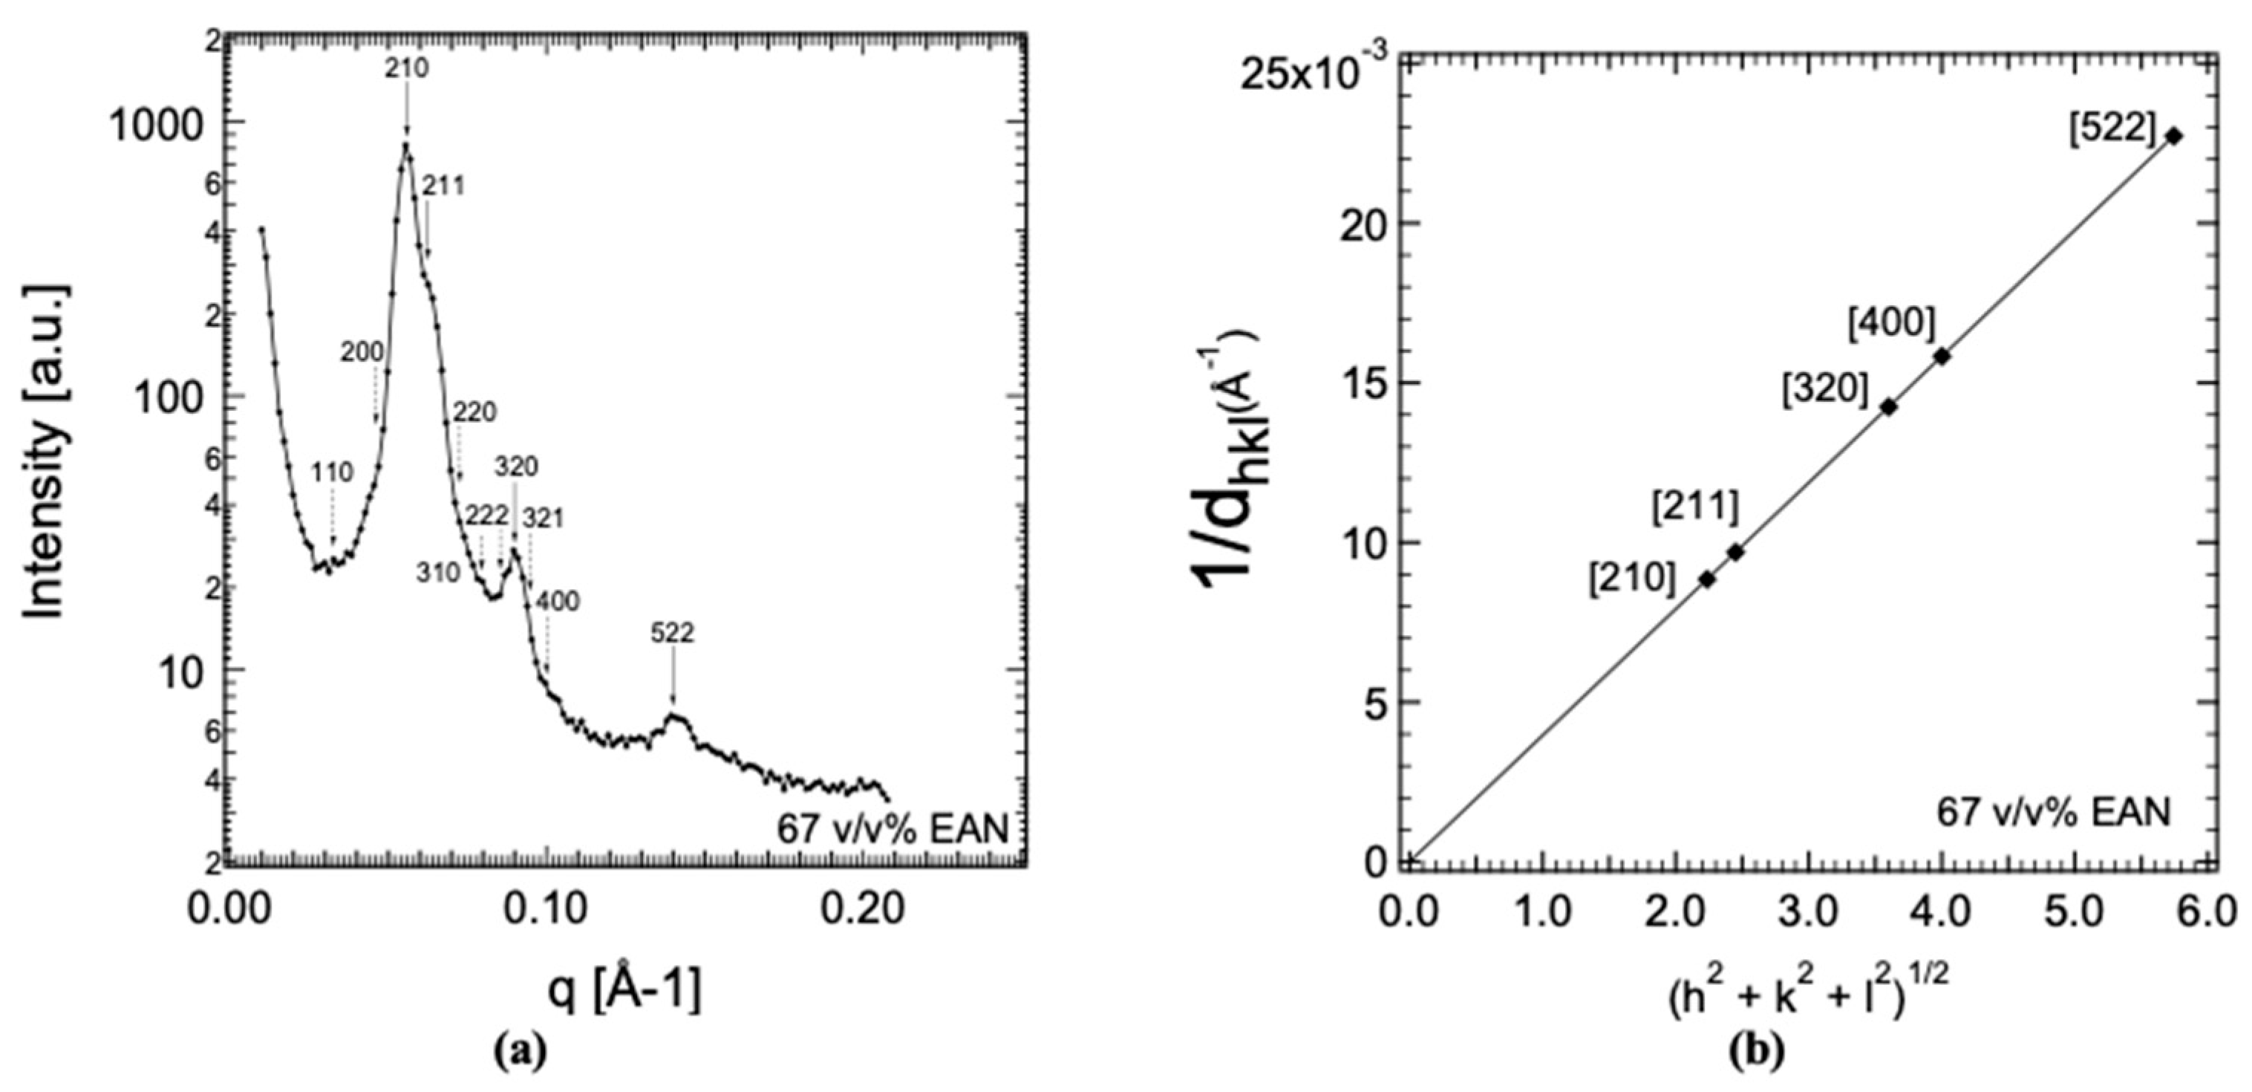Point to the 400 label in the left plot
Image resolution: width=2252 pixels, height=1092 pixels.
tap(557, 601)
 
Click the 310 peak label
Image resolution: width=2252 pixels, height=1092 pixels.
tap(437, 573)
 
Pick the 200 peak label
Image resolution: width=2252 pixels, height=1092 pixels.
tap(362, 352)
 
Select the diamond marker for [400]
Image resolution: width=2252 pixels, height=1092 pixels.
tap(1942, 356)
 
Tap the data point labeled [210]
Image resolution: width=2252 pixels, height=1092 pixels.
tap(1706, 579)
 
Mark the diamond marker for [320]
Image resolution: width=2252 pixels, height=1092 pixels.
tap(1889, 406)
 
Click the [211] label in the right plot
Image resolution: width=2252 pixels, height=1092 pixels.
tap(1695, 508)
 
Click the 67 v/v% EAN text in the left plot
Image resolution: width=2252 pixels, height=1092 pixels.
tap(892, 829)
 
